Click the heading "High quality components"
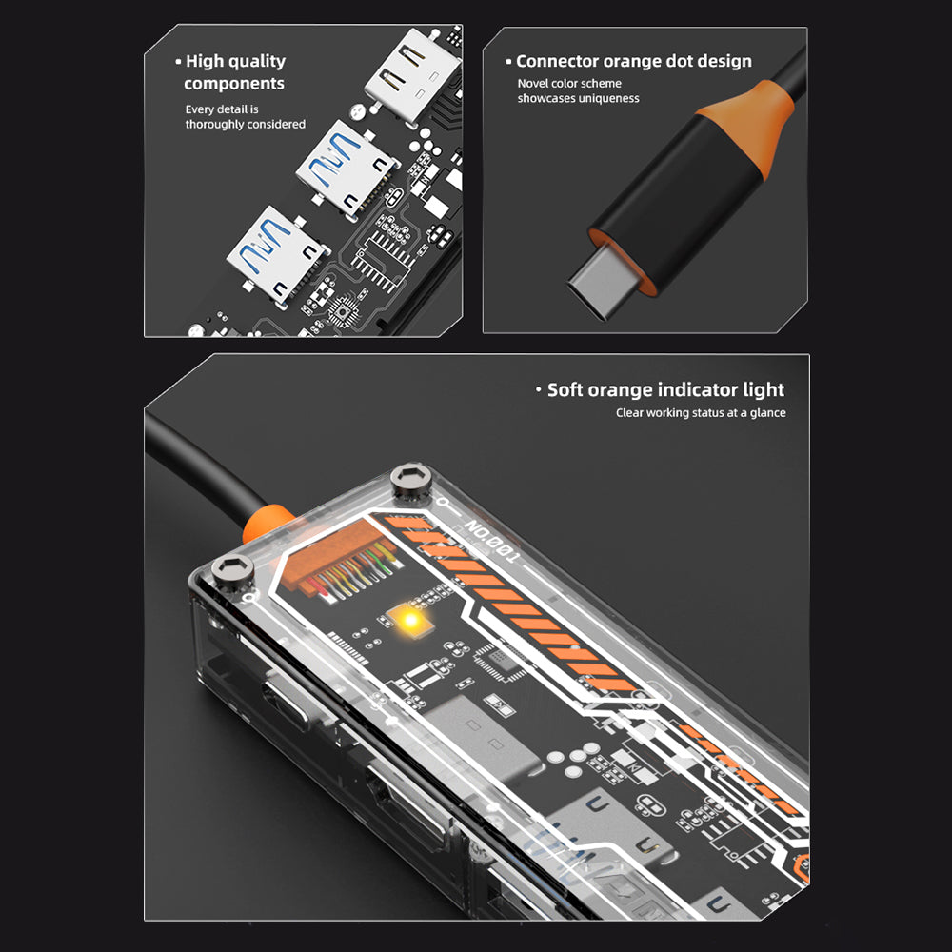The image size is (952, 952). (x=234, y=71)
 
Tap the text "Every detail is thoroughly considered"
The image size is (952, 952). (x=246, y=116)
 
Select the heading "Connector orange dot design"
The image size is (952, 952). (x=628, y=61)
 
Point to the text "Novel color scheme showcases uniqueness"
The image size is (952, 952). (x=578, y=90)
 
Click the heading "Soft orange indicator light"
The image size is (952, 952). (x=661, y=389)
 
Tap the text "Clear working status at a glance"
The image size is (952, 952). (x=701, y=413)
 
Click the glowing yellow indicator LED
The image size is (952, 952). (x=411, y=620)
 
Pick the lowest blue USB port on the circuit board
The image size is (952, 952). (x=278, y=254)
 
